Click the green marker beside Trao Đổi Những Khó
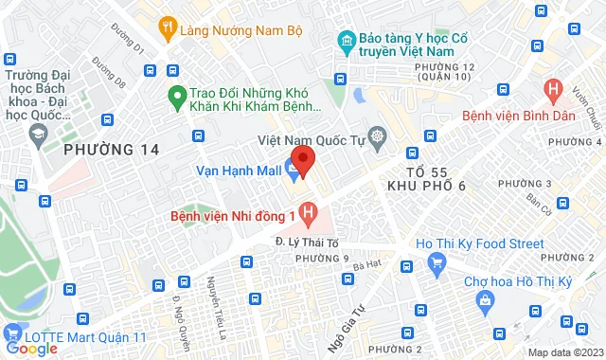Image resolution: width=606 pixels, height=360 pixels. [x=175, y=96]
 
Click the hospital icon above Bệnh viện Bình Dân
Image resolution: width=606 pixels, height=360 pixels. [x=554, y=91]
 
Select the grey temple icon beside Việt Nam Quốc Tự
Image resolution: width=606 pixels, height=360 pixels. [x=378, y=137]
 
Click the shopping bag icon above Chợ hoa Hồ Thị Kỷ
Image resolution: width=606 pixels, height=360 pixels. [x=485, y=301]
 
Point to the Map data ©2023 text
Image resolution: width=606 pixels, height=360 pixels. [x=565, y=352]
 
